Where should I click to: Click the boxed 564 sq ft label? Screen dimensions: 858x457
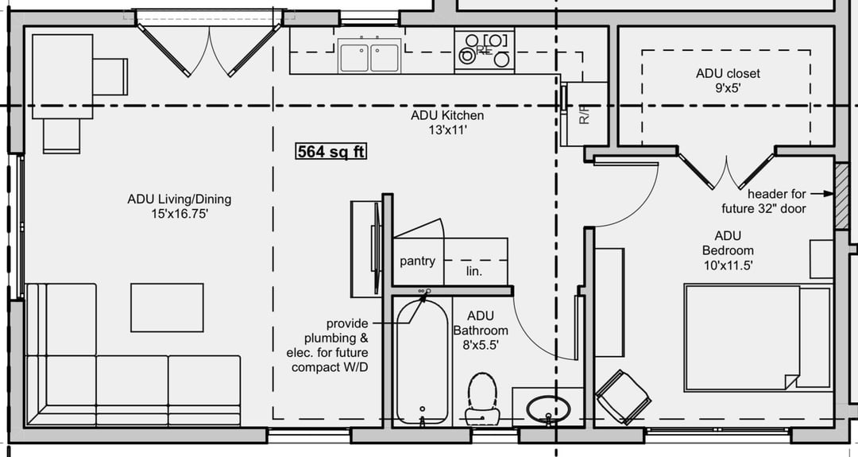[x=331, y=151]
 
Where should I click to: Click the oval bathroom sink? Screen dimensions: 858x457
[x=548, y=409]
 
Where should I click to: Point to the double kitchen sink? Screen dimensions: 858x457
[x=369, y=56]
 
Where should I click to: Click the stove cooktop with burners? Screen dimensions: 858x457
[x=485, y=49]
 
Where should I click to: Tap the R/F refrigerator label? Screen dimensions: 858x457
[x=585, y=114]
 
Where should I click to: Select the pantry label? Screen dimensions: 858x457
[x=418, y=261]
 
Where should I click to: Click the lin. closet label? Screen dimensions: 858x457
[x=473, y=271]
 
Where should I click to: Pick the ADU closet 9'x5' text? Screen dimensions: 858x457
[x=728, y=80]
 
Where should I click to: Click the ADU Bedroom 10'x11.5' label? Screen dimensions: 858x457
[x=728, y=250]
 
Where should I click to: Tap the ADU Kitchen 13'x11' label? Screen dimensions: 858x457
[x=447, y=122]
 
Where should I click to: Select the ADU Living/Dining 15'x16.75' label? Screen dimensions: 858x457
[x=180, y=207]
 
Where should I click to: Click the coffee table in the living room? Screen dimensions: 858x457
[x=167, y=308]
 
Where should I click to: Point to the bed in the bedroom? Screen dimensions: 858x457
[x=758, y=338]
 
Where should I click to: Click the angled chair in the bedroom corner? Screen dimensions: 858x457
[x=624, y=397]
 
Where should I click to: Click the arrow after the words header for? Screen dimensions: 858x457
[x=822, y=194]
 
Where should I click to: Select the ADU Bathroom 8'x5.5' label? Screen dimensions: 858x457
[x=481, y=331]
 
